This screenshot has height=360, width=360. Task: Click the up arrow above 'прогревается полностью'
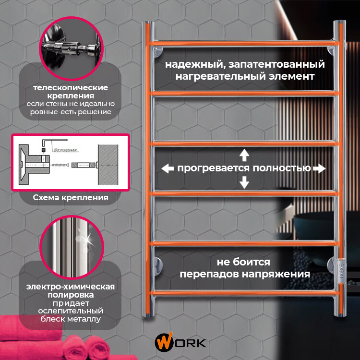tap(244, 155)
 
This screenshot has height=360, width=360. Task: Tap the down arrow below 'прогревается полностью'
tap(244, 182)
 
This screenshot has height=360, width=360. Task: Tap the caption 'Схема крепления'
tap(70, 197)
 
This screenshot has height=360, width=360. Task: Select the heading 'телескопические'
tap(70, 88)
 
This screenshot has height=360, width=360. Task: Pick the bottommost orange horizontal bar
tap(244, 292)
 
